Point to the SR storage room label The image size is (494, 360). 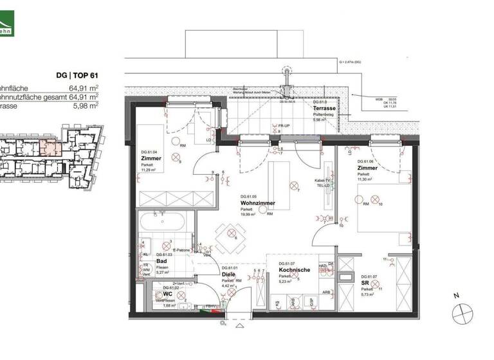click(364, 282)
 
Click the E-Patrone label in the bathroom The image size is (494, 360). click(181, 249)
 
